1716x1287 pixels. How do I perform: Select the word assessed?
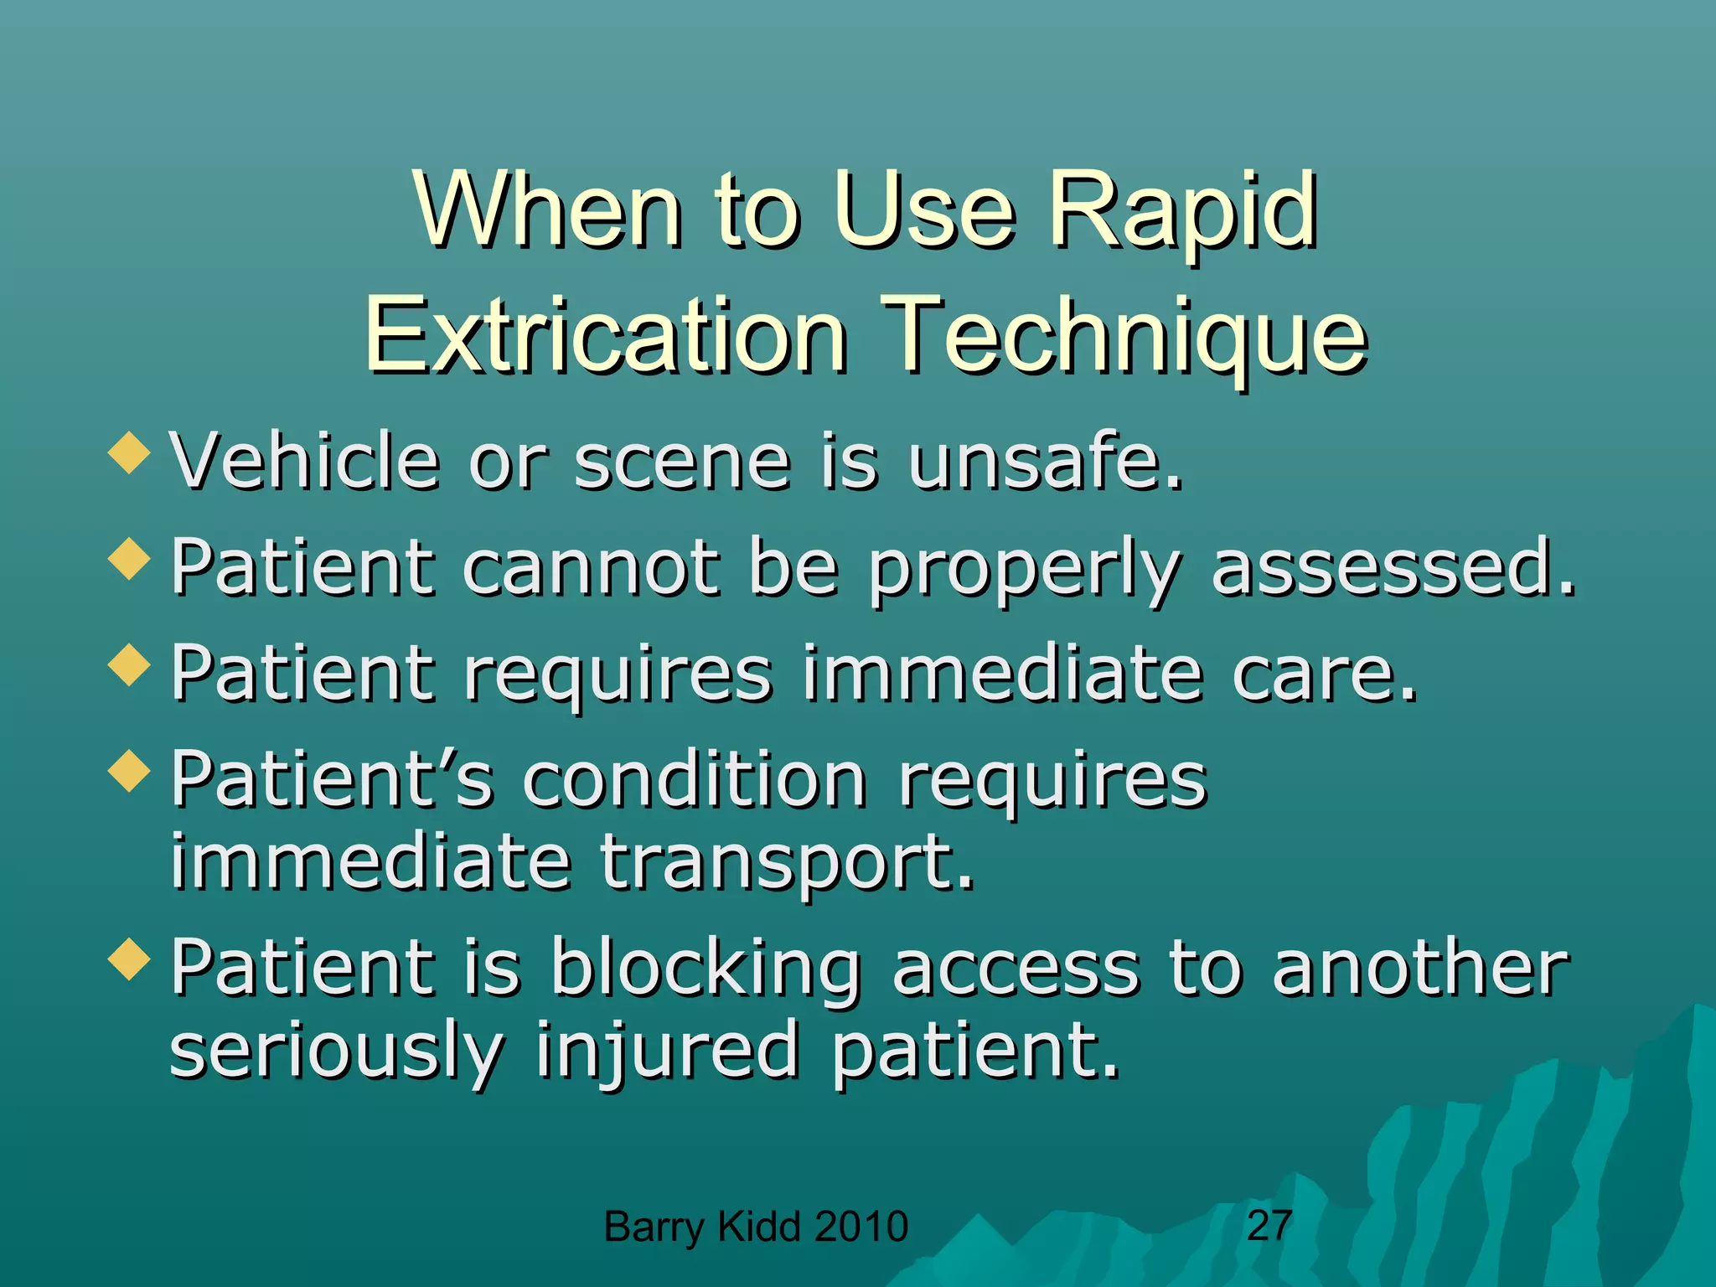click(1393, 567)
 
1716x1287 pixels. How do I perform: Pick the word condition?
click(695, 778)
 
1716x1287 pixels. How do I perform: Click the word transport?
click(788, 863)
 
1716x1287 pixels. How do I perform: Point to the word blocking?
click(706, 969)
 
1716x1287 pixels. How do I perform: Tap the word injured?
click(668, 1052)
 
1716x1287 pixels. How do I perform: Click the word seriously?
click(337, 1052)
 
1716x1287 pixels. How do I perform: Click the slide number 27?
click(1269, 1225)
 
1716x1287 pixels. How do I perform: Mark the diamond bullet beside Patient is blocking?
click(129, 959)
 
